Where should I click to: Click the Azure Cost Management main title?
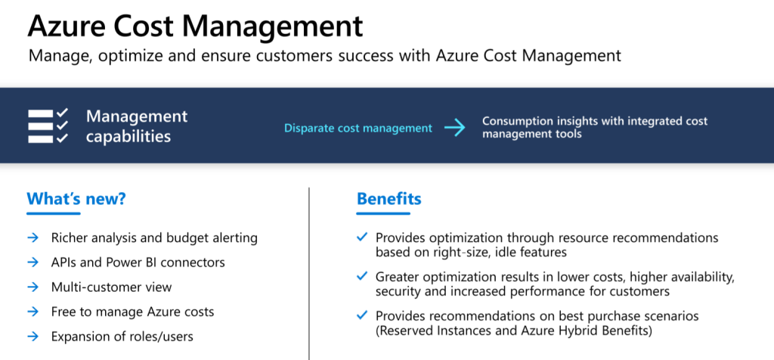click(x=196, y=26)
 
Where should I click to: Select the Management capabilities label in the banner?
click(x=137, y=126)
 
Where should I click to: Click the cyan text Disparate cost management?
click(x=358, y=129)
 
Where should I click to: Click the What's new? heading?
click(x=76, y=198)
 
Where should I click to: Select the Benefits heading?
click(x=389, y=198)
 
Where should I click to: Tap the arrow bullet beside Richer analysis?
click(x=33, y=238)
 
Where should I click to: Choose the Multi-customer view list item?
click(x=112, y=287)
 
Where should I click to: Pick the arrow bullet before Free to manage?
click(x=33, y=312)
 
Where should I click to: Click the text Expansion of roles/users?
click(x=122, y=337)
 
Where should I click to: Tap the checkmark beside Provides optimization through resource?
click(x=362, y=237)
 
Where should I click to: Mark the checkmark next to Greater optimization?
click(x=362, y=276)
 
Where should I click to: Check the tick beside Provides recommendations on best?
click(x=362, y=315)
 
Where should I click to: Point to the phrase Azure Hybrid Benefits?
click(x=580, y=331)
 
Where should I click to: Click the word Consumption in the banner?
click(x=514, y=122)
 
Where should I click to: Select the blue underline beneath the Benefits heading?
click(x=383, y=214)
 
